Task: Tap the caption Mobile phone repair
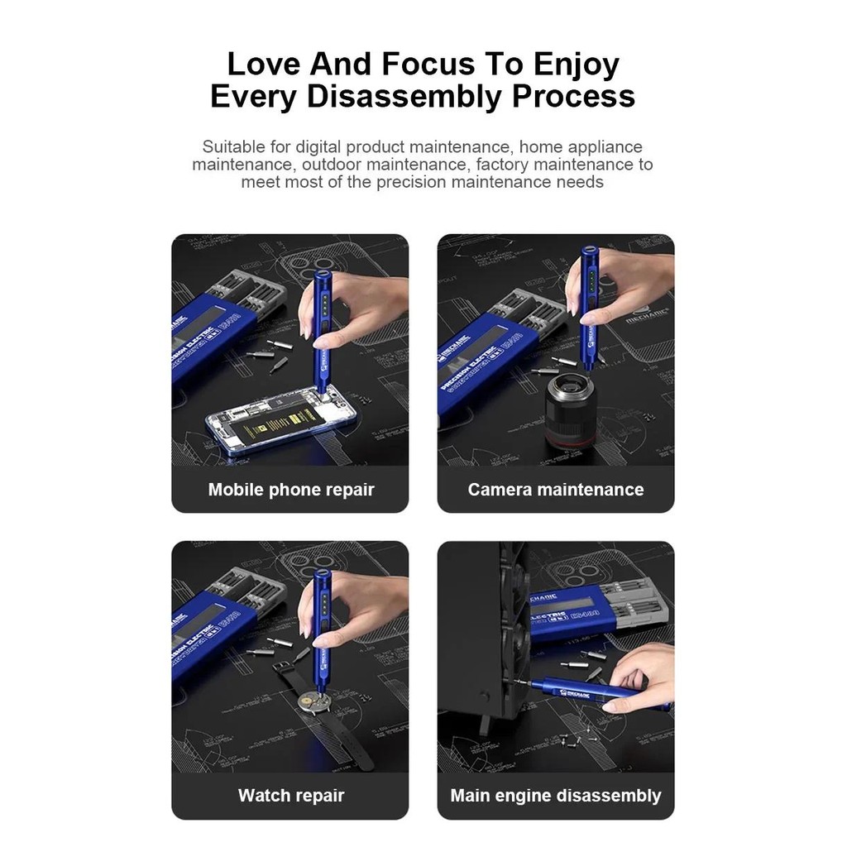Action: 291,490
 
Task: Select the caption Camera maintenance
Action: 556,490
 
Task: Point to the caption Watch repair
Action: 291,796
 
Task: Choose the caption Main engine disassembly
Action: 556,796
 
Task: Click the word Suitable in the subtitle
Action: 234,147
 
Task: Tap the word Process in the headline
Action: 573,96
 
